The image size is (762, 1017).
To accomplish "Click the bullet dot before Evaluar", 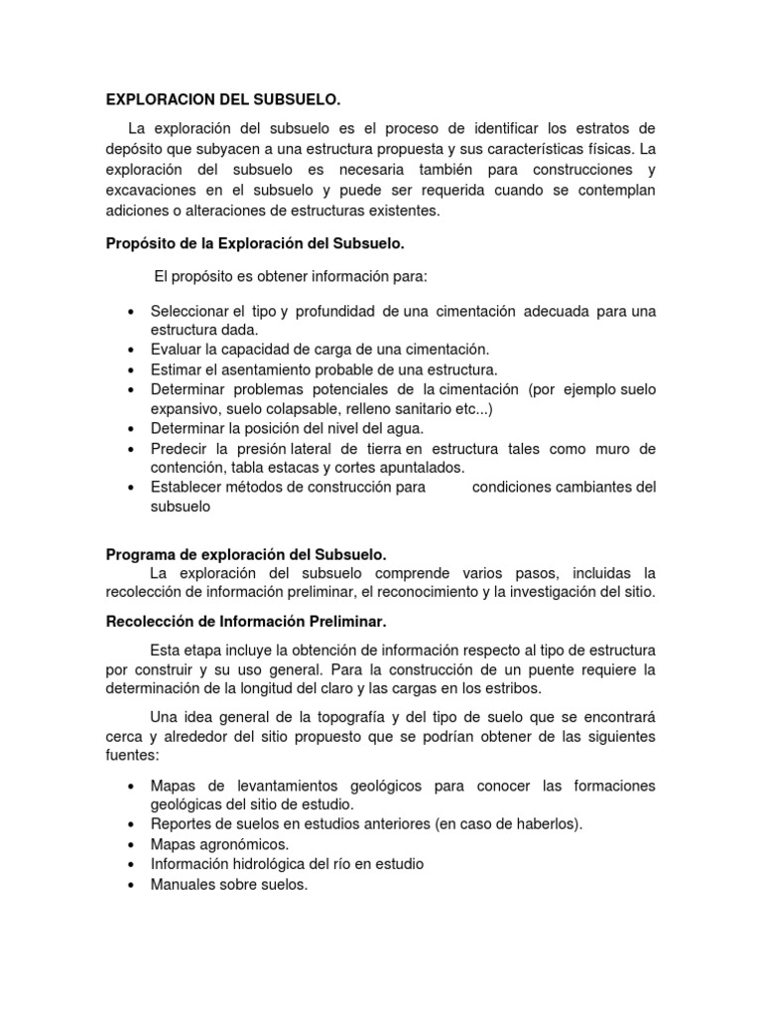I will pyautogui.click(x=132, y=350).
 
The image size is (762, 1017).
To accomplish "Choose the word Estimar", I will pyautogui.click(x=178, y=369).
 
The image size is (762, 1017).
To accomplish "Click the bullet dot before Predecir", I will pyautogui.click(x=132, y=449).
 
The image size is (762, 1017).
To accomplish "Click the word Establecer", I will pyautogui.click(x=188, y=487).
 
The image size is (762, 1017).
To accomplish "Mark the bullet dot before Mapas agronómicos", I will pyautogui.click(x=132, y=844).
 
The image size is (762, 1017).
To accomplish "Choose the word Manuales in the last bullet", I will pyautogui.click(x=183, y=883).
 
